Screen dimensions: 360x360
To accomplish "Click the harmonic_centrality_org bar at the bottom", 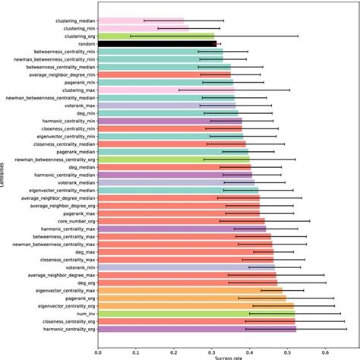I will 197,330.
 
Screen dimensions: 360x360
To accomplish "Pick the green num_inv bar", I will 196,313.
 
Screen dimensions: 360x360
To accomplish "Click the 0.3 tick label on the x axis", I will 211,351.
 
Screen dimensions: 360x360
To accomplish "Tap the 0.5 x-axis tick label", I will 287,351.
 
